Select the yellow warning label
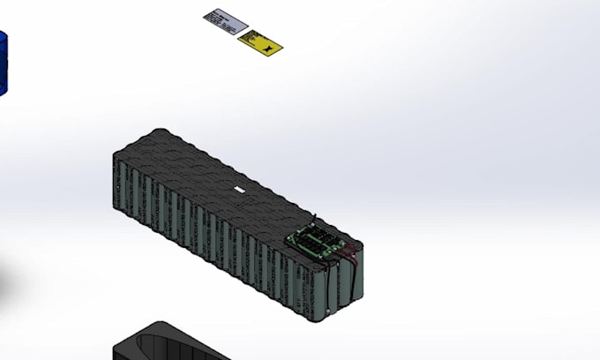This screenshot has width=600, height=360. coord(260,41)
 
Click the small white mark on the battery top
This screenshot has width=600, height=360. coord(238,189)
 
